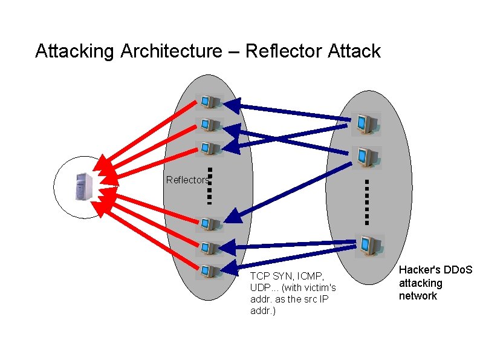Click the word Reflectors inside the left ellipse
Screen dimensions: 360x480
click(187, 180)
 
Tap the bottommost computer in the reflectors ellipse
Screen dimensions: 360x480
click(210, 271)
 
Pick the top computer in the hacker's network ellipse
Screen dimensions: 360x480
click(366, 124)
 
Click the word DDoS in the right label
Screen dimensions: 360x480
click(458, 270)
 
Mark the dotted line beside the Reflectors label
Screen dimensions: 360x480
click(209, 185)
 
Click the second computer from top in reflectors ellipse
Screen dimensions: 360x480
click(210, 125)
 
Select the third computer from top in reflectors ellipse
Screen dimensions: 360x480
click(210, 148)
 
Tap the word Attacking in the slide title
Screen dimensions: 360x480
click(74, 51)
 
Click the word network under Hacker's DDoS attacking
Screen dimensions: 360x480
click(417, 296)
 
